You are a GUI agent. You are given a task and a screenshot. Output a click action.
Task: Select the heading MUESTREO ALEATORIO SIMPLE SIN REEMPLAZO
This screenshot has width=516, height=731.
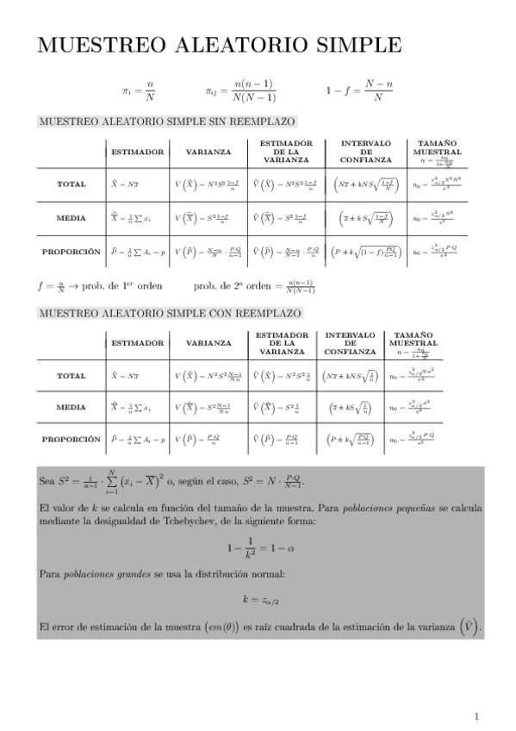(167, 122)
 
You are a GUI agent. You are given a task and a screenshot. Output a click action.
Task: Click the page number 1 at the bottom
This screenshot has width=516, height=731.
(476, 715)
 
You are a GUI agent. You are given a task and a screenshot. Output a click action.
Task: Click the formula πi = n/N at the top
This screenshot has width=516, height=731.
(138, 90)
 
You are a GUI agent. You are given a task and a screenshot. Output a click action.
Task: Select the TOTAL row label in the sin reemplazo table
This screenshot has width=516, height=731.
(71, 184)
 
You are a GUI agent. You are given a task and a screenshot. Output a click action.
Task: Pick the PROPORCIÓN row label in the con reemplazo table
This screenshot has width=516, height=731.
(71, 439)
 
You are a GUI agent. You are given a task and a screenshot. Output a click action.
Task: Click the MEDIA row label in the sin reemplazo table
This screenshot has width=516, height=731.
(71, 217)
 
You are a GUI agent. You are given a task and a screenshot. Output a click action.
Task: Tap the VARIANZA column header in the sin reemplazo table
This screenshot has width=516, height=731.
(208, 152)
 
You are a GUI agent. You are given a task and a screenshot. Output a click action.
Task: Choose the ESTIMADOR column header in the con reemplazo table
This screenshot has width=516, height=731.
(137, 343)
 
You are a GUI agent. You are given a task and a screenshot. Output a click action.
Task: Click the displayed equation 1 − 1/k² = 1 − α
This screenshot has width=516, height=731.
(258, 548)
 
